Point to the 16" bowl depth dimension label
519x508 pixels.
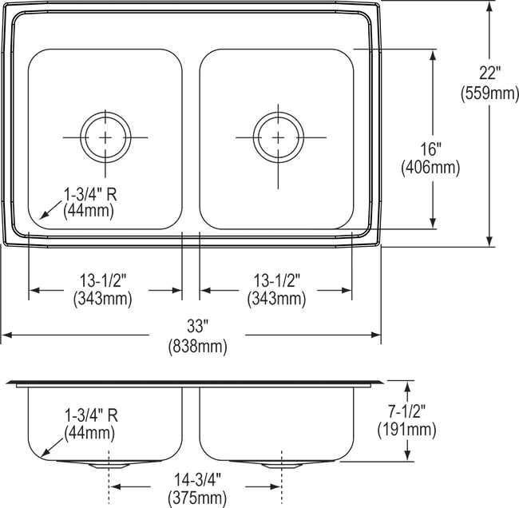432,160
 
